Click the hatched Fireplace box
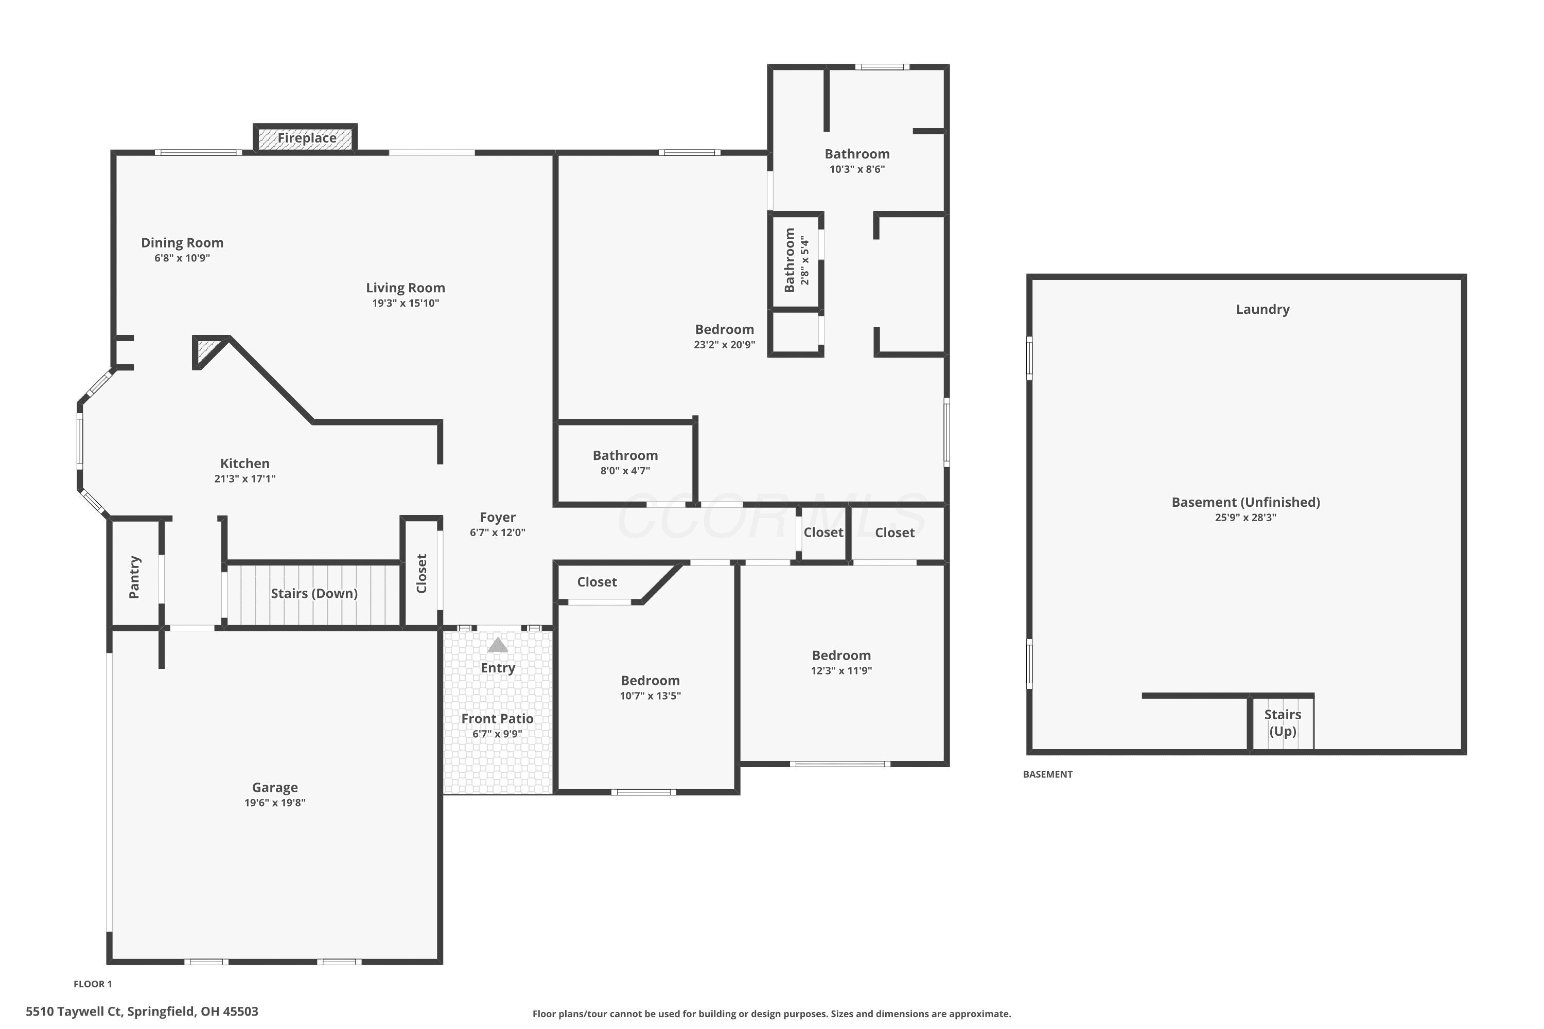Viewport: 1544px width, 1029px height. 305,138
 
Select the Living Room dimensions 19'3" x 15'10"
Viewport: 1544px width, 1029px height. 405,303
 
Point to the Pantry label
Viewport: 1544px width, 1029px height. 134,577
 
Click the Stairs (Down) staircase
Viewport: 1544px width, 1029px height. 314,594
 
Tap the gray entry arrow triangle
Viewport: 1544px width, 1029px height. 498,645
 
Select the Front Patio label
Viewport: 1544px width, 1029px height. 497,719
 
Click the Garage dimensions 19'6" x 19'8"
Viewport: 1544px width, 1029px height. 274,803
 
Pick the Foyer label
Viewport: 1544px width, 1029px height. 498,517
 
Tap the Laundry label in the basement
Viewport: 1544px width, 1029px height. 1262,309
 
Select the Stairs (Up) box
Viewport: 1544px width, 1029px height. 1282,722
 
